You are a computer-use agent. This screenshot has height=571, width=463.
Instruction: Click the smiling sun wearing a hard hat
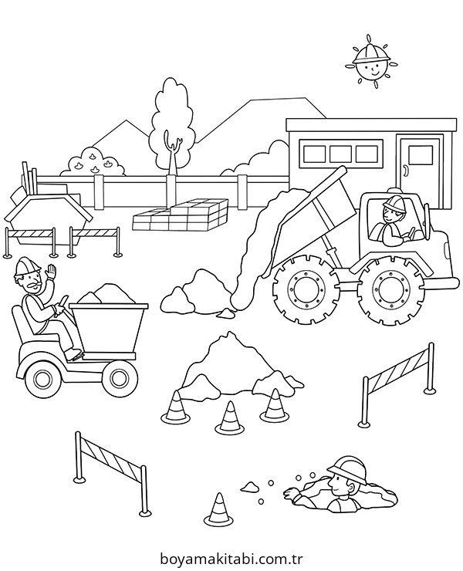coord(370,62)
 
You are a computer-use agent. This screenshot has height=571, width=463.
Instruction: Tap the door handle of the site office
coord(405,171)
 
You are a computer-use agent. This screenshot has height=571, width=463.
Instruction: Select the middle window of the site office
coord(341,154)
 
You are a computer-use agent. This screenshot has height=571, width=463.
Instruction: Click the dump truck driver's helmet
coord(392,203)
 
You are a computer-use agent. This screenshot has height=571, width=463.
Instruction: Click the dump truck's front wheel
coord(388,287)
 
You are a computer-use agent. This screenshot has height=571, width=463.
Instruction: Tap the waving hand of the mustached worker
coord(51,272)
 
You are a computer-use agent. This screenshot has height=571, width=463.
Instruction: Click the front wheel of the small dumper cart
coord(118,378)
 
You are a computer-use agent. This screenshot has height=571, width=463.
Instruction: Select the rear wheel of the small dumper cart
coord(43,379)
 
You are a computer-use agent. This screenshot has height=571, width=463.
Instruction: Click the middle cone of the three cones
coord(229,417)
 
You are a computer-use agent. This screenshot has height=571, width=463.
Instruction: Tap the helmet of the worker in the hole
coord(347,468)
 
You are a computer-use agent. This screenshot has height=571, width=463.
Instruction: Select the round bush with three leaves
coord(93,162)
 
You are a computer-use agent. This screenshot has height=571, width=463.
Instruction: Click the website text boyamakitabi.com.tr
coord(231,558)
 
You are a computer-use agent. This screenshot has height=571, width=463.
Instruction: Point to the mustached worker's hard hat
coord(26,265)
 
